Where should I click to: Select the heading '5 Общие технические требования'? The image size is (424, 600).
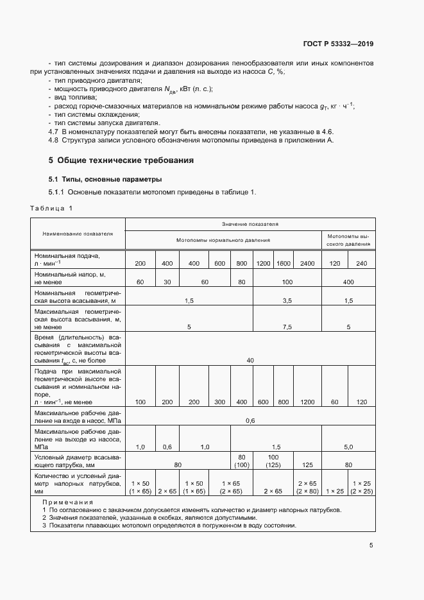(x=121, y=160)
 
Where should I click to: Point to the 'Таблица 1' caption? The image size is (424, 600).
(x=52, y=208)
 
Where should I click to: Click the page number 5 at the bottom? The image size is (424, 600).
(x=371, y=545)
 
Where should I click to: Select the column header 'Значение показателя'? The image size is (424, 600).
(x=250, y=225)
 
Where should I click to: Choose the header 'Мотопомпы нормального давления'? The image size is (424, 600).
(x=223, y=240)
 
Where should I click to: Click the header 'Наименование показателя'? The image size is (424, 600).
(x=78, y=233)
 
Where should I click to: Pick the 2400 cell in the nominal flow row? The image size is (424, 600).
(x=307, y=264)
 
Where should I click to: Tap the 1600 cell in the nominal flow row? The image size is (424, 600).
(x=283, y=264)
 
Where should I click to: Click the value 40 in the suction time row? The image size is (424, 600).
(x=250, y=361)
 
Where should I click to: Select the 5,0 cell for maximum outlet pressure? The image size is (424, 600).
(x=348, y=446)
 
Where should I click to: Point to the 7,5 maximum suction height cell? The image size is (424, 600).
(x=287, y=327)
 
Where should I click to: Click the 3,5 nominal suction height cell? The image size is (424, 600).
(x=287, y=300)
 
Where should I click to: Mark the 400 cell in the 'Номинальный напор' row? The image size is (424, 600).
(x=348, y=282)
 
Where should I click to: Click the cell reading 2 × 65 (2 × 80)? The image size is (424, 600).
(x=307, y=486)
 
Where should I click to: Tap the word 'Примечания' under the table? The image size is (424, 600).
(x=67, y=502)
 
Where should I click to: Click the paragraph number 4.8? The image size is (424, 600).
(x=54, y=139)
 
